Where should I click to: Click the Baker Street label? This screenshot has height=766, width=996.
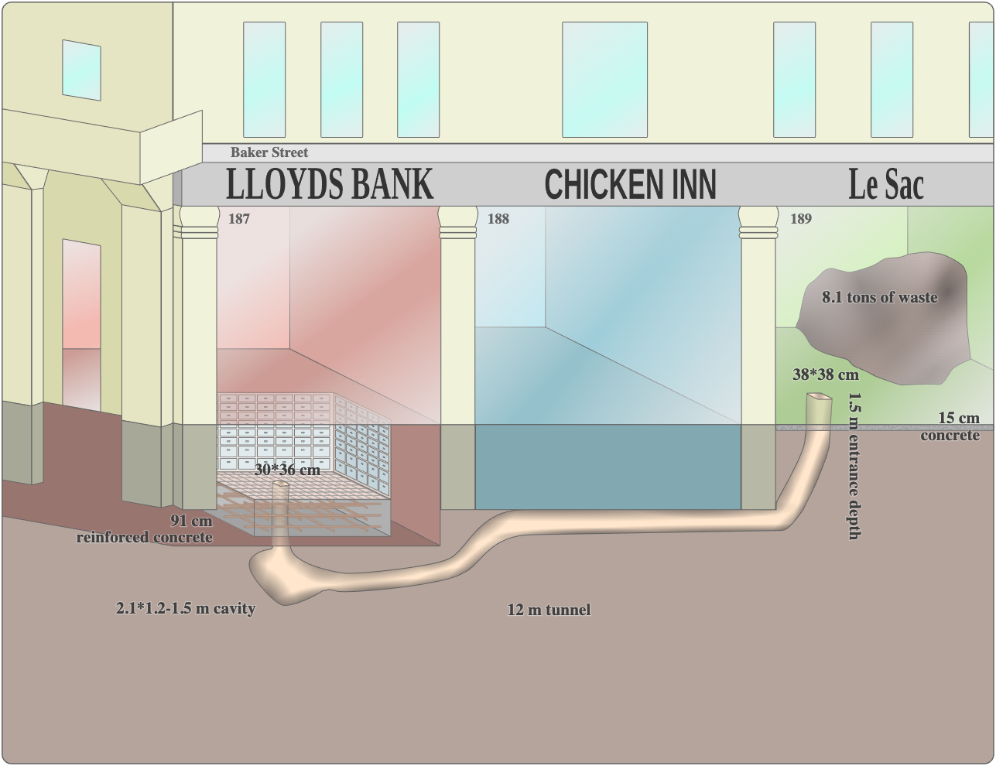pyautogui.click(x=269, y=152)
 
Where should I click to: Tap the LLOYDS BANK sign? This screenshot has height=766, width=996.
pyautogui.click(x=329, y=184)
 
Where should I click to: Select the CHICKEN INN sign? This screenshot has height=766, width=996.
pyautogui.click(x=630, y=185)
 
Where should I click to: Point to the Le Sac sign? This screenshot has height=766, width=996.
pyautogui.click(x=885, y=184)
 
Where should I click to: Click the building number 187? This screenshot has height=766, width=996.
pyautogui.click(x=239, y=219)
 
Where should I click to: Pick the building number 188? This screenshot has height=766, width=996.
pyautogui.click(x=498, y=219)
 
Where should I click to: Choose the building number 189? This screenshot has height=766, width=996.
pyautogui.click(x=801, y=219)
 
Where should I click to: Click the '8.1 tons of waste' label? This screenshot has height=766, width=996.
pyautogui.click(x=879, y=297)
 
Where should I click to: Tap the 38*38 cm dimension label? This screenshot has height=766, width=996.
pyautogui.click(x=825, y=375)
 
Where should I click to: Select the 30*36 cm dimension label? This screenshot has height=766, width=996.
pyautogui.click(x=287, y=470)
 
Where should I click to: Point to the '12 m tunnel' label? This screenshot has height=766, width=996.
pyautogui.click(x=549, y=610)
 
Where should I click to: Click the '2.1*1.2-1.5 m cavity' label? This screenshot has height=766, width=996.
pyautogui.click(x=186, y=608)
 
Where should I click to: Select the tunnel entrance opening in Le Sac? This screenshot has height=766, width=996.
pyautogui.click(x=819, y=398)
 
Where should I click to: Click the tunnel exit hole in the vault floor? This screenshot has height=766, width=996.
pyautogui.click(x=280, y=485)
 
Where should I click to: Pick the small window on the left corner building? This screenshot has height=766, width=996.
pyautogui.click(x=81, y=70)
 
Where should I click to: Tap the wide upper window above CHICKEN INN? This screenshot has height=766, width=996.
pyautogui.click(x=604, y=79)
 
